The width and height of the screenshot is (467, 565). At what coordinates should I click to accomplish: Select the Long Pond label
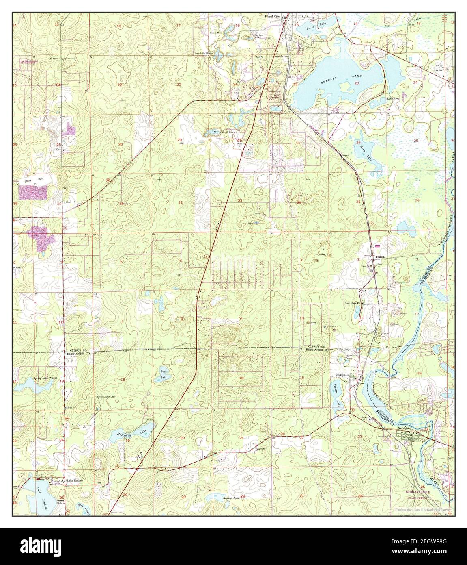pyautogui.click(x=393, y=98)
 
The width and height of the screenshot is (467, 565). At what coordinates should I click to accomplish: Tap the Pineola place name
pyautogui.click(x=380, y=257)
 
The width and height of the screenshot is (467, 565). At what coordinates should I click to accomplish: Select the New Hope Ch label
pyautogui.click(x=353, y=303)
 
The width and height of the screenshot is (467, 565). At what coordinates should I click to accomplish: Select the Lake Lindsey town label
pyautogui.click(x=75, y=480)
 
